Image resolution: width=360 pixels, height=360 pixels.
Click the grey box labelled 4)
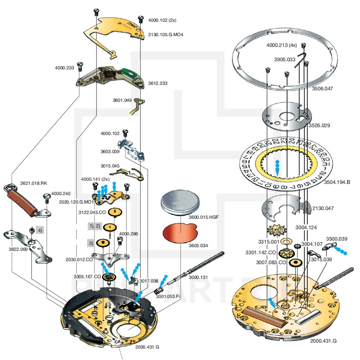click(x=40, y=230)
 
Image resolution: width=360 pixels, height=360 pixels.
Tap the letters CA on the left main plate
click(x=117, y=341)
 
